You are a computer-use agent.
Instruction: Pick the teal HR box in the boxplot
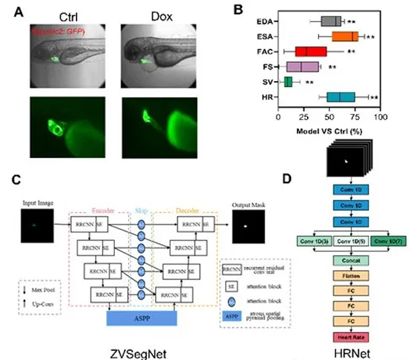point(341,97)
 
